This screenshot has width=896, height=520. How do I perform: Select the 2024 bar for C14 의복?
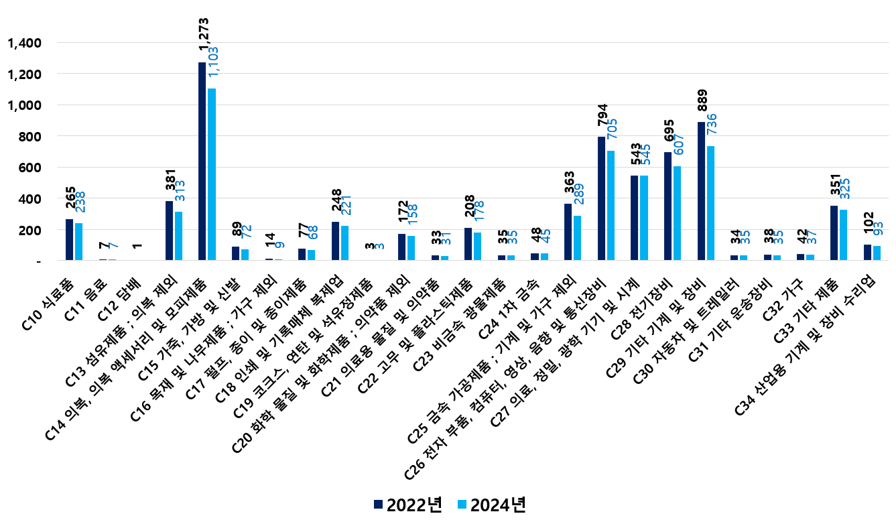click(x=212, y=174)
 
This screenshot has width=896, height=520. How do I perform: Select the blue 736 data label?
click(x=712, y=129)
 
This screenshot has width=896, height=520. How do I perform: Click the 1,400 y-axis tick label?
click(x=24, y=43)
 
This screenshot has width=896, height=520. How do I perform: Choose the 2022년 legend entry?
click(x=407, y=505)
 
